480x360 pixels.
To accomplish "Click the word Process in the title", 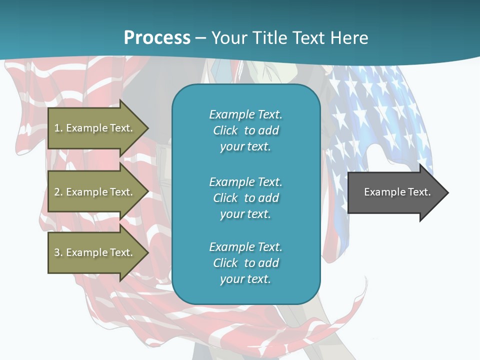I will click(157, 38).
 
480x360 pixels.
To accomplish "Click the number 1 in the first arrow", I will click(57, 128).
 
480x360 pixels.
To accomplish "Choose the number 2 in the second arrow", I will click(57, 192).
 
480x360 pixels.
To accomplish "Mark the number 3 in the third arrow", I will click(57, 252).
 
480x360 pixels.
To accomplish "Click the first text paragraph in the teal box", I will click(245, 130).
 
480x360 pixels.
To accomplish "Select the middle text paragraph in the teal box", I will click(245, 198).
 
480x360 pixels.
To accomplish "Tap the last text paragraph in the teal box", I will click(245, 263).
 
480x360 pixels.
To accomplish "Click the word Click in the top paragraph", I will click(225, 130).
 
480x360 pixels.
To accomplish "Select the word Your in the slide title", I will click(229, 38).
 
